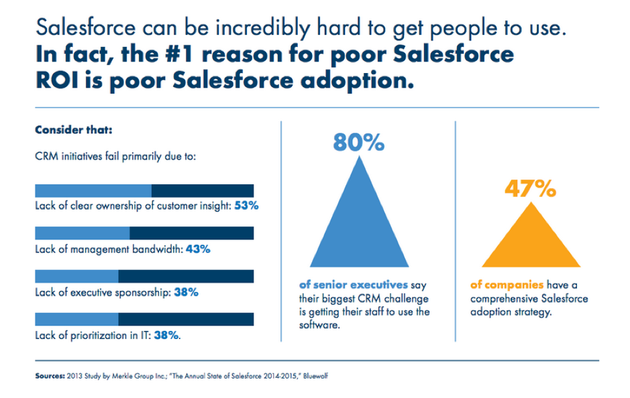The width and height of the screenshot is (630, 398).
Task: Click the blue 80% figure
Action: pos(358,142)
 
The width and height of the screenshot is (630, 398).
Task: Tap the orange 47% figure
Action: pos(530,188)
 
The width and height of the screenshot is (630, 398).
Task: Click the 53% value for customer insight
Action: pos(246,206)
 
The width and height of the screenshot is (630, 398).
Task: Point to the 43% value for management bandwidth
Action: pos(198,249)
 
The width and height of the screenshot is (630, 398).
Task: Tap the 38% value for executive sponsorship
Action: pos(186,292)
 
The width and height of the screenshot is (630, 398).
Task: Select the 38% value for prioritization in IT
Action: pos(166,336)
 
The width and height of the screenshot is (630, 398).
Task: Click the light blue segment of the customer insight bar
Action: pos(93,191)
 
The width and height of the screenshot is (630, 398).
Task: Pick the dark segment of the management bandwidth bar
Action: pos(192,233)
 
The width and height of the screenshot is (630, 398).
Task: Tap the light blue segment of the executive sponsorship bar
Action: pos(76,277)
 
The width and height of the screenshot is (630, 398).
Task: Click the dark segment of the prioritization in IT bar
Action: pos(186,320)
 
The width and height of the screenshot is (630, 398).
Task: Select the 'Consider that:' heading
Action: pos(74,130)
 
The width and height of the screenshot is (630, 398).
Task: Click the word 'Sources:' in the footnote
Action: pos(50,376)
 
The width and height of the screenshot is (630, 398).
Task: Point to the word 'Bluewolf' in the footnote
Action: pos(315,376)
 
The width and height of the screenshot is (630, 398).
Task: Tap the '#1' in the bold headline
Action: pos(179,54)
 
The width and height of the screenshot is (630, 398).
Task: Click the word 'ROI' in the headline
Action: pos(57,80)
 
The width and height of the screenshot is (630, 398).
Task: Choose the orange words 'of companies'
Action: pos(507,285)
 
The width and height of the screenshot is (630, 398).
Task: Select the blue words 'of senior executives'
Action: pos(354,285)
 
